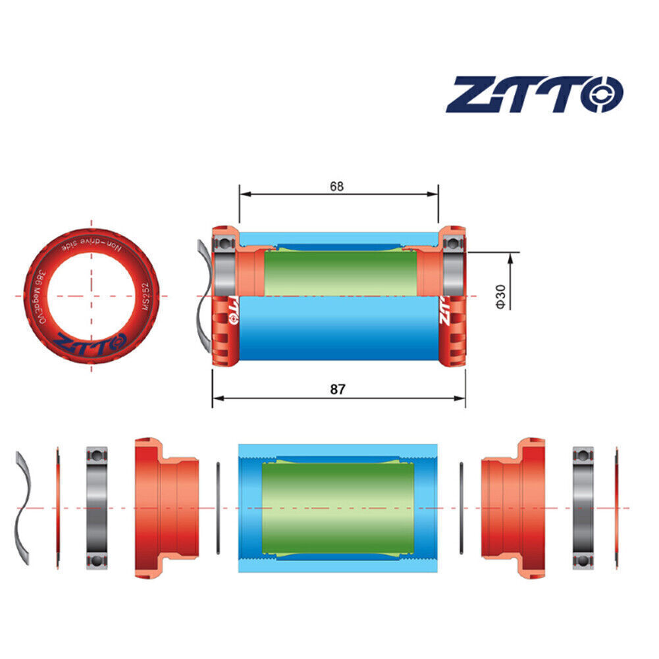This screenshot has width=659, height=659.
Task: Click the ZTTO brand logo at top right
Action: (x=534, y=94)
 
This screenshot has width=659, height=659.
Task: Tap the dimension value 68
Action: (x=337, y=186)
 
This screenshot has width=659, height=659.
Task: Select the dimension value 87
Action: (x=337, y=389)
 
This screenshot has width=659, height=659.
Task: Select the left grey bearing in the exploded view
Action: (x=97, y=508)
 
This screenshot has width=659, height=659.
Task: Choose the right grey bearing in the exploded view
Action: (x=583, y=508)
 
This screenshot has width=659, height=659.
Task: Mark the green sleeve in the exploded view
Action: (x=337, y=508)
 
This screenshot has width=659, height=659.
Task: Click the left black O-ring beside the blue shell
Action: (x=218, y=508)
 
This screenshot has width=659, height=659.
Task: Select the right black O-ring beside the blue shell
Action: (x=461, y=508)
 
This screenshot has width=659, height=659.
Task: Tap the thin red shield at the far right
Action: (x=616, y=508)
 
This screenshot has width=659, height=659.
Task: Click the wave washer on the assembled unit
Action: (x=205, y=296)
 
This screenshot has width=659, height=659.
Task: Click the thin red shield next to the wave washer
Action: (x=57, y=508)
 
